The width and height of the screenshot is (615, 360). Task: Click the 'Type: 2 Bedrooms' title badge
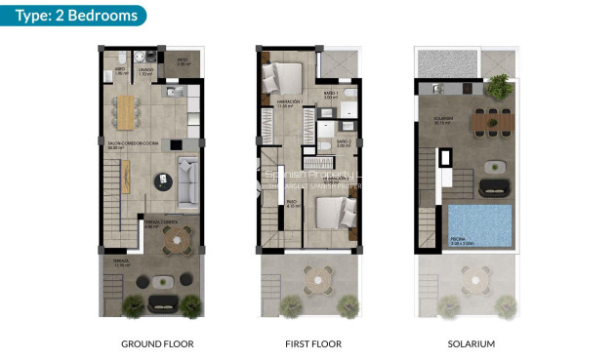pos(73,15)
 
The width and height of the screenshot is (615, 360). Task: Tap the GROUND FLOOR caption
pos(157,344)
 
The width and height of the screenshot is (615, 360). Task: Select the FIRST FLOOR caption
pos(313,344)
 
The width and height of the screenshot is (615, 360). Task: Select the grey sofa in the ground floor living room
pos(188,177)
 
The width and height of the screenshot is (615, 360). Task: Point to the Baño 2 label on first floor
pos(344,142)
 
